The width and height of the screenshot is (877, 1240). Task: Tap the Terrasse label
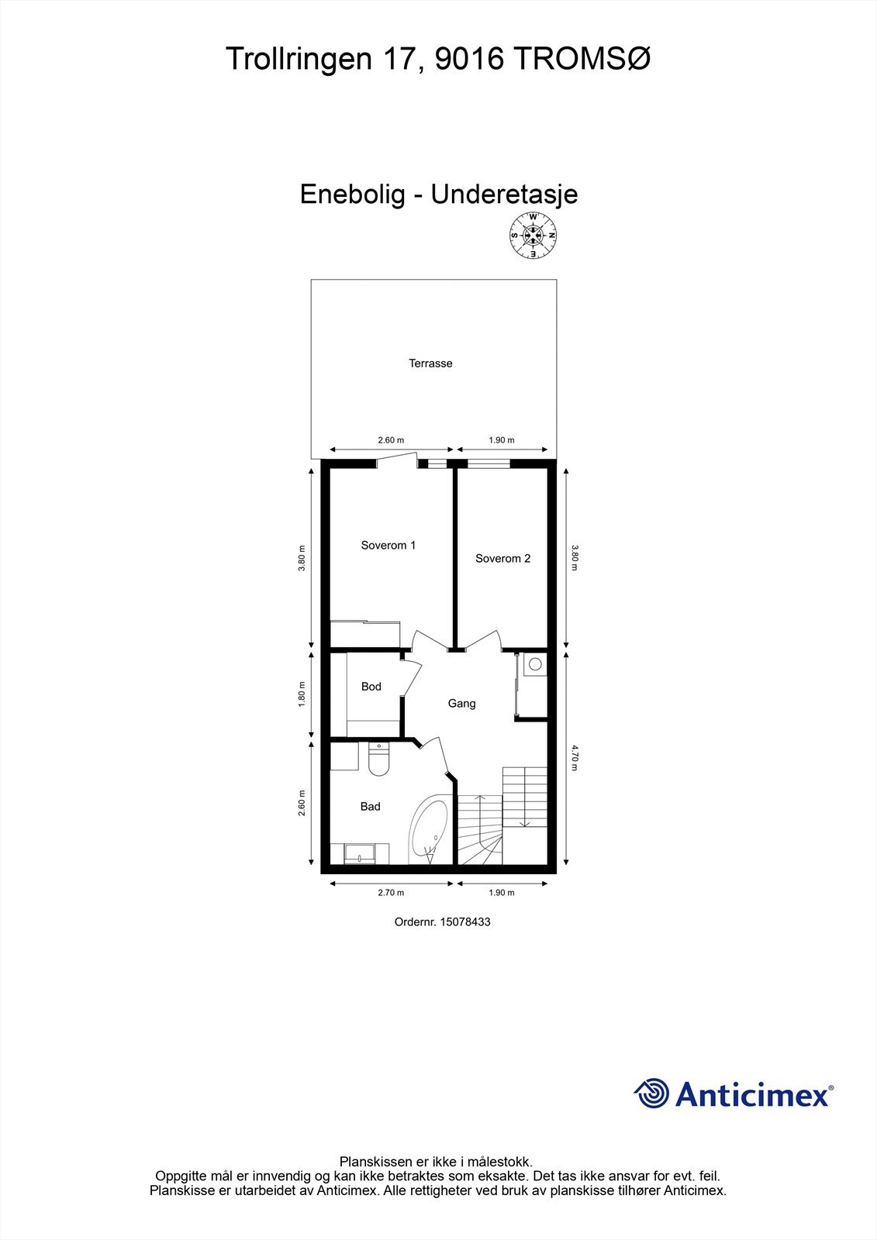pyautogui.click(x=430, y=363)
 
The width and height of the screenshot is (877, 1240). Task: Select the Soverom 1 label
pyautogui.click(x=388, y=546)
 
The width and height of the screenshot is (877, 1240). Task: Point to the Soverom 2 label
pyautogui.click(x=502, y=558)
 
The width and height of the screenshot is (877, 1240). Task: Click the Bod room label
pyautogui.click(x=371, y=687)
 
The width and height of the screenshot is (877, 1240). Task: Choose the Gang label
pyautogui.click(x=461, y=704)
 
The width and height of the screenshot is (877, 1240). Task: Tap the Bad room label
pyautogui.click(x=370, y=807)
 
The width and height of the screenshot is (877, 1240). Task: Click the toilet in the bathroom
pyautogui.click(x=378, y=760)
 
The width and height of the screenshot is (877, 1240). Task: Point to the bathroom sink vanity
pyautogui.click(x=360, y=853)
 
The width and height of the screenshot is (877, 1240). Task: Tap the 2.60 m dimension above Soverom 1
pyautogui.click(x=391, y=440)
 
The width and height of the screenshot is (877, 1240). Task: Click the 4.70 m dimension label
pyautogui.click(x=575, y=757)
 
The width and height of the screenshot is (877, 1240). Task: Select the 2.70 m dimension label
pyautogui.click(x=391, y=893)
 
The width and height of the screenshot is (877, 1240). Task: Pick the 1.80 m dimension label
pyautogui.click(x=302, y=694)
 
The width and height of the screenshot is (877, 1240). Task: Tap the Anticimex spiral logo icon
pyautogui.click(x=651, y=1094)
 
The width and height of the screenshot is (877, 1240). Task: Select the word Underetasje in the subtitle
pyautogui.click(x=504, y=194)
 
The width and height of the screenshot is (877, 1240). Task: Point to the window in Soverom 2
pyautogui.click(x=489, y=464)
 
